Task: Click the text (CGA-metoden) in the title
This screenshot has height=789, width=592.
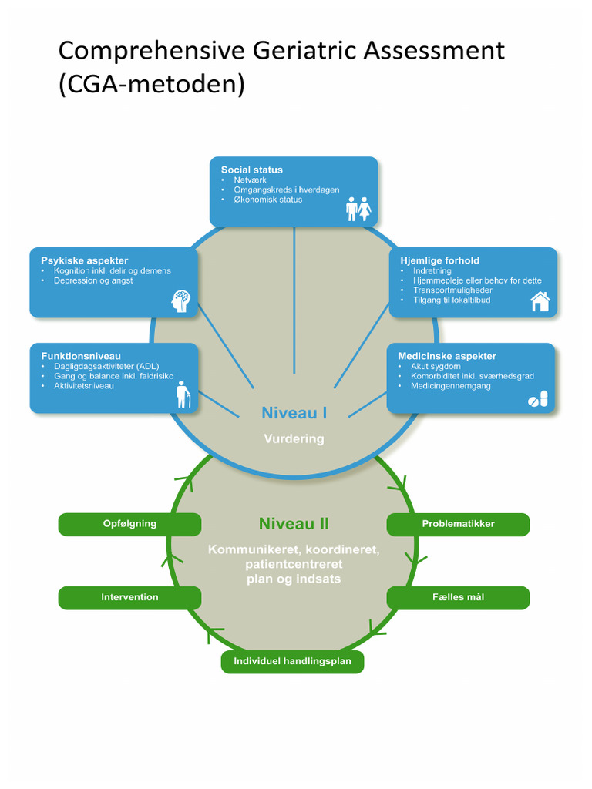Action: pos(151,84)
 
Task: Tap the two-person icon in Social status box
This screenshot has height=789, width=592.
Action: pos(358,209)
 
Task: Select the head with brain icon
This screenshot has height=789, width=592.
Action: pos(180,300)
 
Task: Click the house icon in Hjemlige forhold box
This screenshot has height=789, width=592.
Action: pos(540,301)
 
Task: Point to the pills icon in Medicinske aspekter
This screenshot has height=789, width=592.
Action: pos(537,399)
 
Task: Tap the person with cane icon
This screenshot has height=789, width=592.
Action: pos(182,394)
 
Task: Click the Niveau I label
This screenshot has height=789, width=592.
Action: pos(294,413)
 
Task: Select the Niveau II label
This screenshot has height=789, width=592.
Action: pos(294,524)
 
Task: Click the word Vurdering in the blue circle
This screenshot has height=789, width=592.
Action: pos(294,438)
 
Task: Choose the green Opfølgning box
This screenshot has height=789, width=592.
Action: pos(129,524)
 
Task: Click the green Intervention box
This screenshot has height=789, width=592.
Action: pos(129,597)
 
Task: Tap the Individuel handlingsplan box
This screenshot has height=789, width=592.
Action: pos(292,661)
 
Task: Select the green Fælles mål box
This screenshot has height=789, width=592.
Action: pos(458,597)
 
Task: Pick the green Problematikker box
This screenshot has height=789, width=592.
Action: pos(458,524)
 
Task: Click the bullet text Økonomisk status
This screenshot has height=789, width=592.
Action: pos(267,200)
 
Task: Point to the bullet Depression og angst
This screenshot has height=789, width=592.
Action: pos(92,281)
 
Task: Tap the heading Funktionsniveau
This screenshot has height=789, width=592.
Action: pos(81,356)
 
